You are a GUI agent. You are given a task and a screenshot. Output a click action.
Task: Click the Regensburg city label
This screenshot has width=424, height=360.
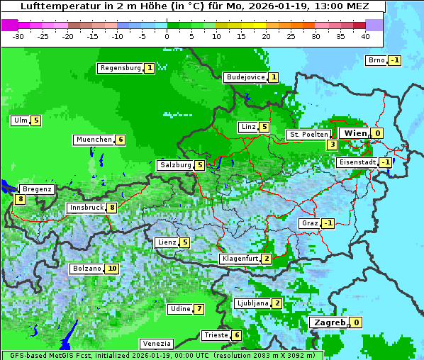tap(121, 69)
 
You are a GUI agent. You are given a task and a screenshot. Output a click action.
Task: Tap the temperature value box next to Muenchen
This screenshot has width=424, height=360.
tap(121, 140)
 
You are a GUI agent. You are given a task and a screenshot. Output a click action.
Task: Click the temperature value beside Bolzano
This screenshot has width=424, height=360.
tap(112, 269)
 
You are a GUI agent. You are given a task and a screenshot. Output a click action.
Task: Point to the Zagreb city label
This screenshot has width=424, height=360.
tap(329, 322)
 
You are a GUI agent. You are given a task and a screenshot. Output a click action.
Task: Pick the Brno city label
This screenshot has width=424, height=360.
tap(376, 60)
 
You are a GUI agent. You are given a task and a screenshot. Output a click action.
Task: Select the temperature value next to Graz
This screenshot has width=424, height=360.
tap(328, 224)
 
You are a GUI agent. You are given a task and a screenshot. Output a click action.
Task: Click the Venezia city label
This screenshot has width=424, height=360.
tap(156, 343)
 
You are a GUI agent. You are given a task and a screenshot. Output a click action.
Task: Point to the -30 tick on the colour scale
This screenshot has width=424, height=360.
tap(19, 36)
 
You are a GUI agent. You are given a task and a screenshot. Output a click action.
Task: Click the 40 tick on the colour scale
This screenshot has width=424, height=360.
tap(365, 36)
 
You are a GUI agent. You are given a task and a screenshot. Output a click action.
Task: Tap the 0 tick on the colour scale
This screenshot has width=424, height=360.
tap(167, 36)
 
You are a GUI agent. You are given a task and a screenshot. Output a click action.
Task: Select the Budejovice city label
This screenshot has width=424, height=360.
tap(245, 77)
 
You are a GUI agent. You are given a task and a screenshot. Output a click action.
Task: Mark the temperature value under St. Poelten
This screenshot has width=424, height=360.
tap(332, 145)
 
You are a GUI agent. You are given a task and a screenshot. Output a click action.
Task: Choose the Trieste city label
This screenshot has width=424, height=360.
tap(216, 335)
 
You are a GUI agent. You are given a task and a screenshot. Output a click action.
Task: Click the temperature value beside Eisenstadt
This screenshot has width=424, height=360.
tap(385, 162)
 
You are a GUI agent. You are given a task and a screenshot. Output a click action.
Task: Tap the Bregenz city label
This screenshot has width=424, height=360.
tap(37, 189)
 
